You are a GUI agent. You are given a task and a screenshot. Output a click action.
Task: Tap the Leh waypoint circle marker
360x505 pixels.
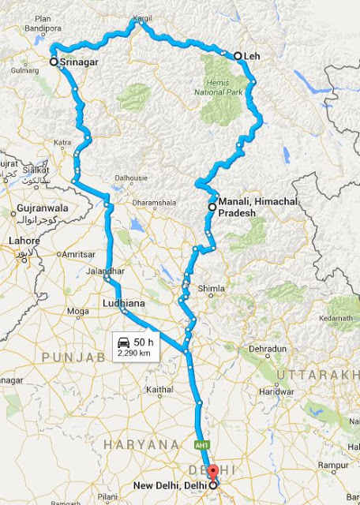pos(238,56)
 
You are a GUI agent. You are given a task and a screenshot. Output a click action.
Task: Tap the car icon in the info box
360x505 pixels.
pos(124,342)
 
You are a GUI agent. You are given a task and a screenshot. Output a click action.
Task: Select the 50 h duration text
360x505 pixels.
pos(144,342)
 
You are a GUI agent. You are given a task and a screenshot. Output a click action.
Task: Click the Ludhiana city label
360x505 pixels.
pos(122,302)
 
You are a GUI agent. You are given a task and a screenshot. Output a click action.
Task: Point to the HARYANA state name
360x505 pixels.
pos(141,445)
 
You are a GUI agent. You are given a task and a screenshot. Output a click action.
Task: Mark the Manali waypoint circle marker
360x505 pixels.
pos(212,207)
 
